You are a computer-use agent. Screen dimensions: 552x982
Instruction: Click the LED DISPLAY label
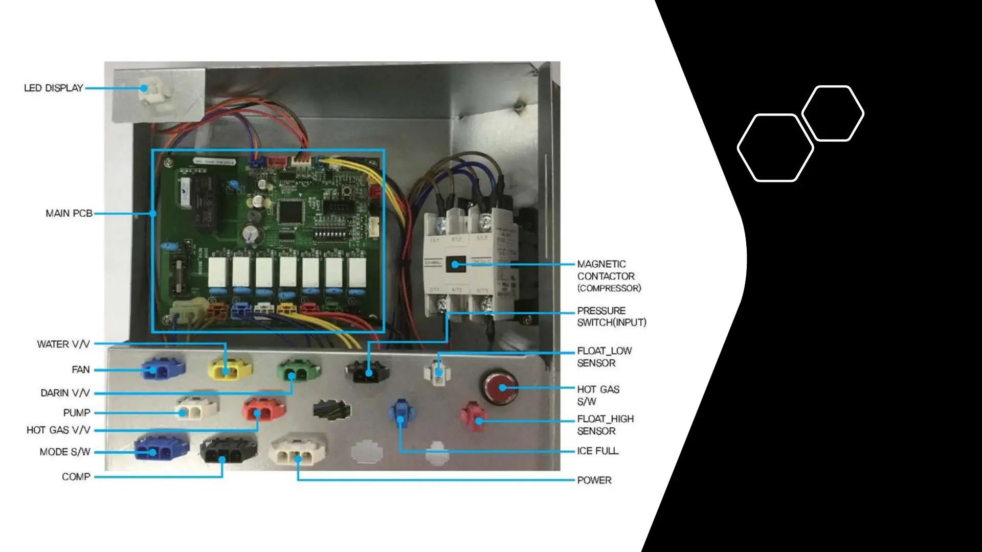[53, 88]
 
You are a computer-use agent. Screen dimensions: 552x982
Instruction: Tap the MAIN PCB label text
[69, 213]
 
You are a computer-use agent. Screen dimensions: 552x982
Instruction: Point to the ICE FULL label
[597, 451]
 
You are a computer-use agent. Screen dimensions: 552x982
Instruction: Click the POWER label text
[594, 480]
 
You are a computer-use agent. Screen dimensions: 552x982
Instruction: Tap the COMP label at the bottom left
[76, 476]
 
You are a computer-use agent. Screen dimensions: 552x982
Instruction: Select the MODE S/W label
[65, 452]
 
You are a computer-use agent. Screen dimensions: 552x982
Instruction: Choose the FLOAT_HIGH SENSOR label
[605, 425]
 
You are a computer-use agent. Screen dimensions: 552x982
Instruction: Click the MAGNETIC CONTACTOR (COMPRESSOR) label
[609, 276]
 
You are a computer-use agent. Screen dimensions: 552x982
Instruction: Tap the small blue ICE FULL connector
[401, 415]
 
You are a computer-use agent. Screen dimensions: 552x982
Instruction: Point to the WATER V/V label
[63, 344]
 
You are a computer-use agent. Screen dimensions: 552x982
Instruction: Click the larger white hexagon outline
[775, 148]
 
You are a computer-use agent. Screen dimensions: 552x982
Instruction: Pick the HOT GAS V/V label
[58, 430]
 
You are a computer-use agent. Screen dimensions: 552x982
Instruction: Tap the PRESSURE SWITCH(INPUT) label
[611, 316]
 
